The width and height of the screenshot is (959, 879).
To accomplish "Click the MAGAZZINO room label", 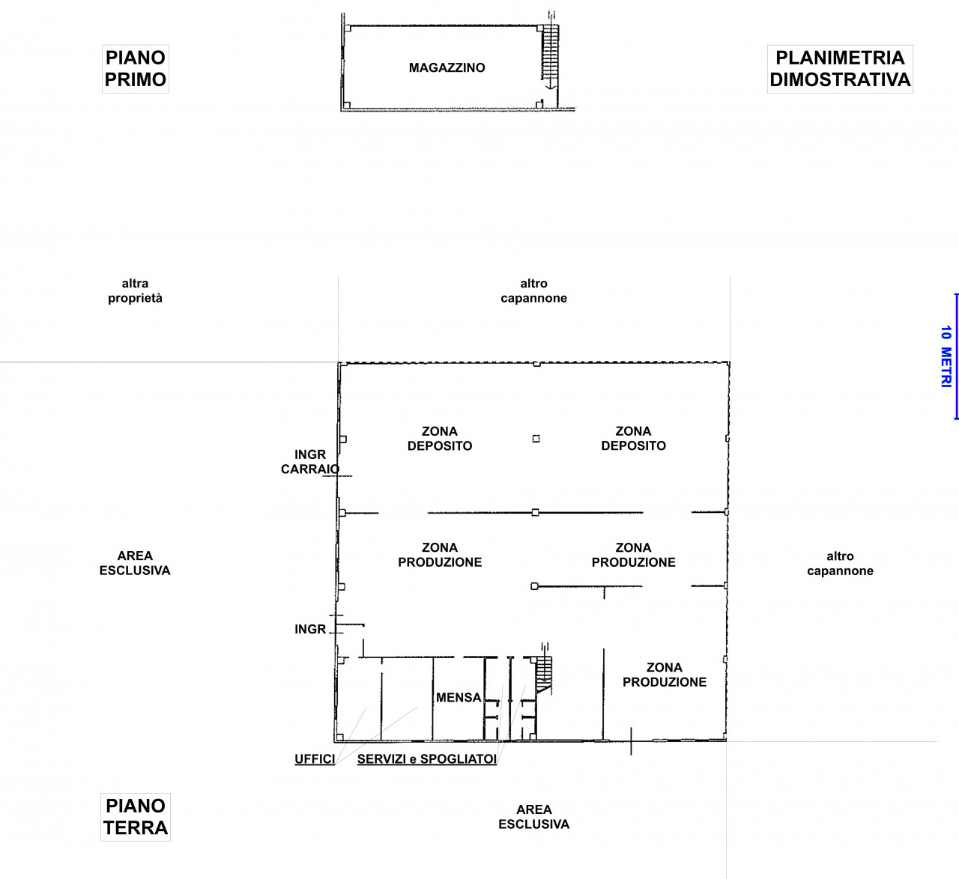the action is point(447,68).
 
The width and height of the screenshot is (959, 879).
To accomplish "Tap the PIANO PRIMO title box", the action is point(136,69).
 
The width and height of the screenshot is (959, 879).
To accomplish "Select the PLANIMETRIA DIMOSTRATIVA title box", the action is point(840,69).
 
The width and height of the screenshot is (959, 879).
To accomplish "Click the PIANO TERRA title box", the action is point(136,817).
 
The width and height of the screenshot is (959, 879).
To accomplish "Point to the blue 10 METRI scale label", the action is point(946,356).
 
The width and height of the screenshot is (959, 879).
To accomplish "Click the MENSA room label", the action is point(459,697).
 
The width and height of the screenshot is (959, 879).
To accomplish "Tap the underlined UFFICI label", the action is point(315,759).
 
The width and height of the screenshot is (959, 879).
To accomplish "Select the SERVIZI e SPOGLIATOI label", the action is point(427,759).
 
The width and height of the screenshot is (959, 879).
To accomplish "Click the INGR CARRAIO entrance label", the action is point(310,462).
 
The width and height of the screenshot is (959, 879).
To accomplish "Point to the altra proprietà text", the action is point(136,291).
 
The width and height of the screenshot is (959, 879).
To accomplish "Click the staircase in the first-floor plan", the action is point(550,52).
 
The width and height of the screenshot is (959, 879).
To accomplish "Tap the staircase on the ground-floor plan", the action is point(544,675).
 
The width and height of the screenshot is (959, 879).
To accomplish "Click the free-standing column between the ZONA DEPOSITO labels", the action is point(536,439).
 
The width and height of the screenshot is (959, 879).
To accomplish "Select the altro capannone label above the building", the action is point(534,291).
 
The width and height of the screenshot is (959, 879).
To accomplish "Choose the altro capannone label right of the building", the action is point(840,563).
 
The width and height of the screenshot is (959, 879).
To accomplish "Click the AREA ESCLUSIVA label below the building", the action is point(534,816).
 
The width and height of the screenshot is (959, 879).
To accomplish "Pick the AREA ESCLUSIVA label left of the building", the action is point(135,562).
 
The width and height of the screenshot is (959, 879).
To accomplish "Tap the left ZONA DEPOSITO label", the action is point(440,438).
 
